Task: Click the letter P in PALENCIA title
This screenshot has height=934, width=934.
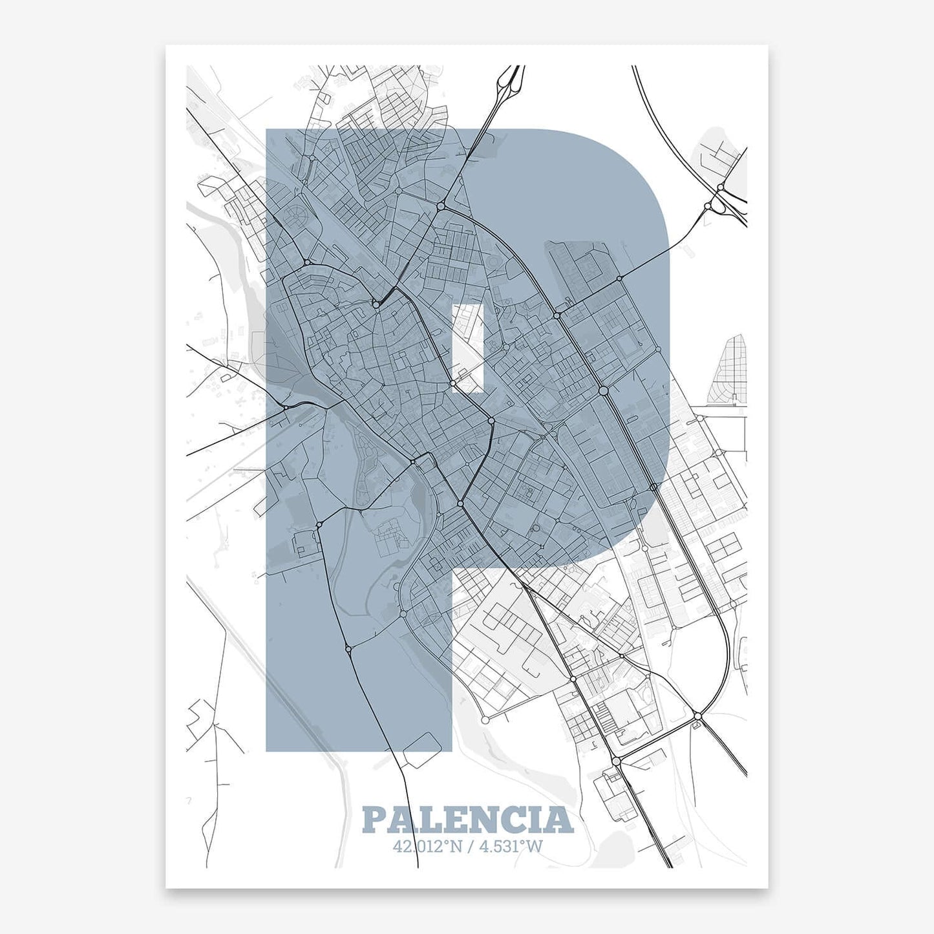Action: [376, 820]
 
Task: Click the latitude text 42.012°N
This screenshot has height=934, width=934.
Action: [427, 845]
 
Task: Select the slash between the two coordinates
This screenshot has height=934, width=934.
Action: [471, 845]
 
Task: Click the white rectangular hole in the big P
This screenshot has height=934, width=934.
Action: [468, 348]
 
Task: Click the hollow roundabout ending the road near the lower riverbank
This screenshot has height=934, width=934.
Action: [485, 719]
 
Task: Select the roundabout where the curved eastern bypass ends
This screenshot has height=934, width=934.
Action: [697, 716]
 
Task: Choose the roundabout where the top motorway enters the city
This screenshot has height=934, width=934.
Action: [441, 206]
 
